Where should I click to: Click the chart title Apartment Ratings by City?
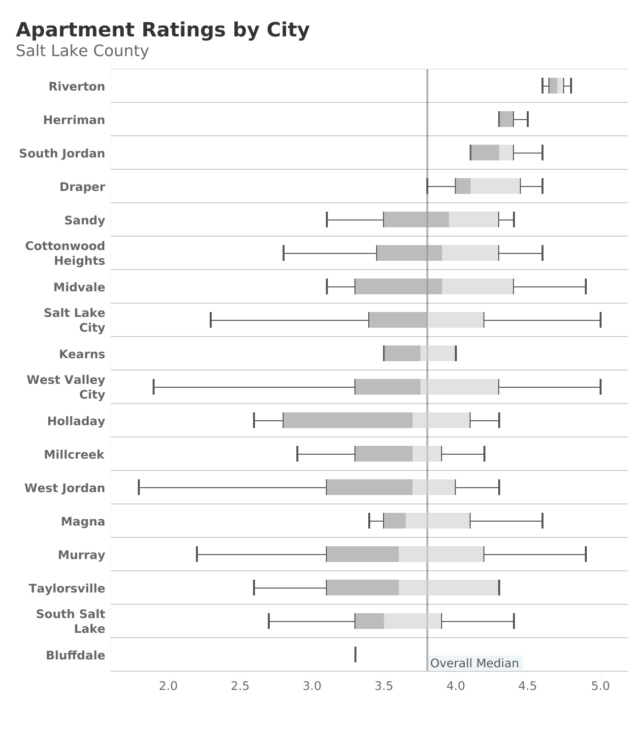click(x=162, y=30)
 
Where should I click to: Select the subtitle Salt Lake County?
click(x=82, y=51)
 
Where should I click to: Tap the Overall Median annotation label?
click(x=474, y=663)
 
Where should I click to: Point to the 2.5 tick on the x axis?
click(x=240, y=685)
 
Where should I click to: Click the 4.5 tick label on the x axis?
click(x=528, y=685)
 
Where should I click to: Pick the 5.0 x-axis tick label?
click(x=600, y=685)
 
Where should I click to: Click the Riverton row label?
click(x=77, y=87)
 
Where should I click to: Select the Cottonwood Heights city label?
click(x=65, y=253)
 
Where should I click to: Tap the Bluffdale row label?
click(x=75, y=655)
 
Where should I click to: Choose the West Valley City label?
click(x=66, y=387)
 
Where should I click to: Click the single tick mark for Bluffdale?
click(x=355, y=654)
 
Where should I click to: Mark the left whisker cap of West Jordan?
click(x=139, y=487)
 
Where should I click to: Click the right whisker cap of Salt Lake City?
click(x=600, y=320)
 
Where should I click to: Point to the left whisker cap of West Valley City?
click(x=154, y=387)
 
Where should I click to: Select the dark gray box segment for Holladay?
click(x=348, y=420)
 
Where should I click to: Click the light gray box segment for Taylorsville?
click(x=448, y=588)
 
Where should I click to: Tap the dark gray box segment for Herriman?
click(x=506, y=119)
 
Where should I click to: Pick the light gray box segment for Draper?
click(x=495, y=186)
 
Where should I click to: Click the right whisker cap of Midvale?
click(x=585, y=286)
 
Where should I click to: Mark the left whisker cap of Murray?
click(x=197, y=554)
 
